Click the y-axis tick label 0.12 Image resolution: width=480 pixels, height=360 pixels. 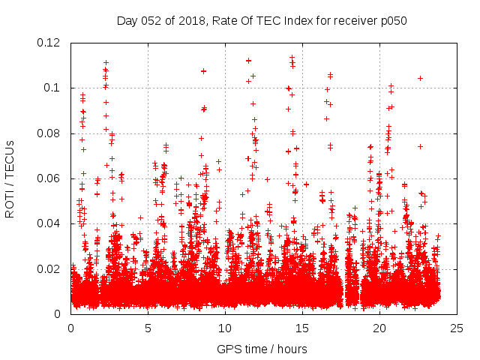(x=51, y=43)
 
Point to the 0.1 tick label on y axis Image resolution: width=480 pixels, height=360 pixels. (x=54, y=88)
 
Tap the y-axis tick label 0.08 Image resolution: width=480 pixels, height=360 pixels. (x=51, y=133)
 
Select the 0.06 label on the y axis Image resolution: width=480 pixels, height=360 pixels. (x=51, y=178)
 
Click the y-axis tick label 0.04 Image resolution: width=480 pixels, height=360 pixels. (x=51, y=223)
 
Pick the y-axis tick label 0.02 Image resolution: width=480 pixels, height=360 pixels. (x=51, y=269)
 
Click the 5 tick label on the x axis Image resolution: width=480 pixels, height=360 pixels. (x=148, y=328)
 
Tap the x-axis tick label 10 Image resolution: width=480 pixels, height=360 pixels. (x=225, y=328)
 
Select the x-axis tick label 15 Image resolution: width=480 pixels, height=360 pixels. (x=302, y=328)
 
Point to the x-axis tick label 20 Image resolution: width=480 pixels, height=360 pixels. (x=379, y=328)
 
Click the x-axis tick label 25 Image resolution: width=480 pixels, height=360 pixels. (x=457, y=328)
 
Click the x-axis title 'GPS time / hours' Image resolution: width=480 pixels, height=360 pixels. (x=262, y=349)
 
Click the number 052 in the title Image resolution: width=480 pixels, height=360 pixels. (x=152, y=20)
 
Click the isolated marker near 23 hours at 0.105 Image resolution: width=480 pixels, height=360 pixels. (x=421, y=78)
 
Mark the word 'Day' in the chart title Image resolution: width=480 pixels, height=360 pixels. (x=127, y=20)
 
